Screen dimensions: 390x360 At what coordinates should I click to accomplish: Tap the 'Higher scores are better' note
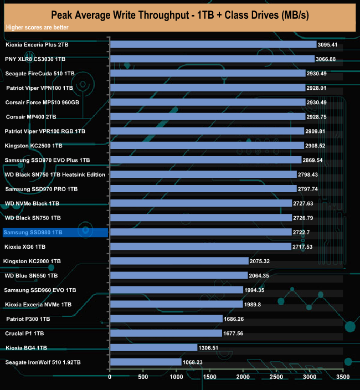[x=34, y=27]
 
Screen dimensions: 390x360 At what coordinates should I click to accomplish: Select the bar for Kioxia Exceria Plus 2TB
[x=213, y=44]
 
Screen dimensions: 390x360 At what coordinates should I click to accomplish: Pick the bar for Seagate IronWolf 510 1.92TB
[x=146, y=362]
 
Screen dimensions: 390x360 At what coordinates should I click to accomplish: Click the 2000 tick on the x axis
[x=243, y=377]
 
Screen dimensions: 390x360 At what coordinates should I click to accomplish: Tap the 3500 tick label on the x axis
[x=342, y=377]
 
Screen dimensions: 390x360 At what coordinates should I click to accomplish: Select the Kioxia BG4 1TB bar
[x=153, y=348]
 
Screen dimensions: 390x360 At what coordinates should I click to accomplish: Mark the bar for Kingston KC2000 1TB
[x=179, y=261]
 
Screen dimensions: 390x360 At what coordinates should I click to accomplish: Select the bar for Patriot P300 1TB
[x=166, y=319]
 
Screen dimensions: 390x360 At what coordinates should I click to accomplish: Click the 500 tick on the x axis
[x=143, y=377]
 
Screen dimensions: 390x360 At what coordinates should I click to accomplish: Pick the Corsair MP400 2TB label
[x=31, y=117]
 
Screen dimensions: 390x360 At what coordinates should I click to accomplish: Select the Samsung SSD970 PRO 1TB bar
[x=203, y=189]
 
